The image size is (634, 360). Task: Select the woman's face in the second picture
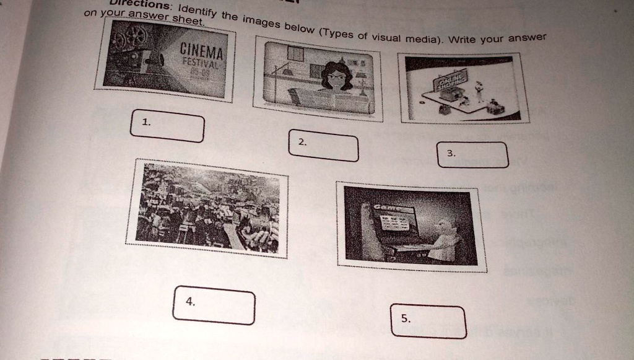pos(336,78)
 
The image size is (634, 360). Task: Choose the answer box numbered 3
pos(473,155)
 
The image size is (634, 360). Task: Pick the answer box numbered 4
pos(214,305)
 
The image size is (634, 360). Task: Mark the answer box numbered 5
pos(428,322)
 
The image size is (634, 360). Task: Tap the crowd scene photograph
pos(207,208)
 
